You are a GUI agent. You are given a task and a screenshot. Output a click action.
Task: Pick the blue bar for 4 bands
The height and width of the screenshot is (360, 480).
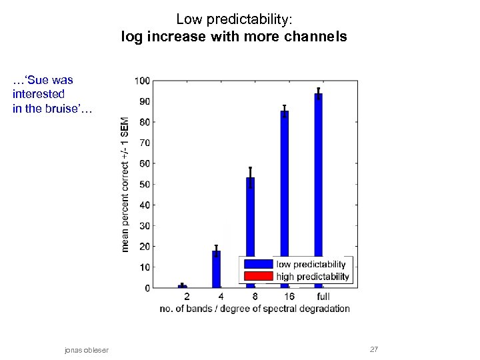(x=216, y=269)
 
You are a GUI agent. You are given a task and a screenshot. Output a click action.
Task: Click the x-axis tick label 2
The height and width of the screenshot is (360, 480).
(x=186, y=296)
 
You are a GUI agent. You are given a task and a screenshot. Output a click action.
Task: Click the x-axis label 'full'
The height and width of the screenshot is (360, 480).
(x=323, y=296)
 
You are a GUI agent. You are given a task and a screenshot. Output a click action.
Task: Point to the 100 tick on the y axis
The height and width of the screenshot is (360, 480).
(x=142, y=81)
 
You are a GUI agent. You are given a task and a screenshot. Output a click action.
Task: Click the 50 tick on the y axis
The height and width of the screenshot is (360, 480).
(x=144, y=184)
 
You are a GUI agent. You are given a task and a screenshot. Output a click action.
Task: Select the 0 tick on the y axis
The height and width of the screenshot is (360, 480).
(x=147, y=288)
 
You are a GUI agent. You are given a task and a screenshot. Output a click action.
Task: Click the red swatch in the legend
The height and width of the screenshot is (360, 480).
(x=258, y=276)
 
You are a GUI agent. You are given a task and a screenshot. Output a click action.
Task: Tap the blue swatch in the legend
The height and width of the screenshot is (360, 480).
(x=258, y=264)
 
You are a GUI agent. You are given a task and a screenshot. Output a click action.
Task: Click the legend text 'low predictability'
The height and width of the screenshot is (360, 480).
(x=311, y=264)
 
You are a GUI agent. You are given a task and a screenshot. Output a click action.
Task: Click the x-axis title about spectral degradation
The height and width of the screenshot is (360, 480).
(x=255, y=309)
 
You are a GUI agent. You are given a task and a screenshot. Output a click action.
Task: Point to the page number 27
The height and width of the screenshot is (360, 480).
(x=374, y=349)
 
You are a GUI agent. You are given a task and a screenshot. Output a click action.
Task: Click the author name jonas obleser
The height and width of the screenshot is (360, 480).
(x=87, y=350)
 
